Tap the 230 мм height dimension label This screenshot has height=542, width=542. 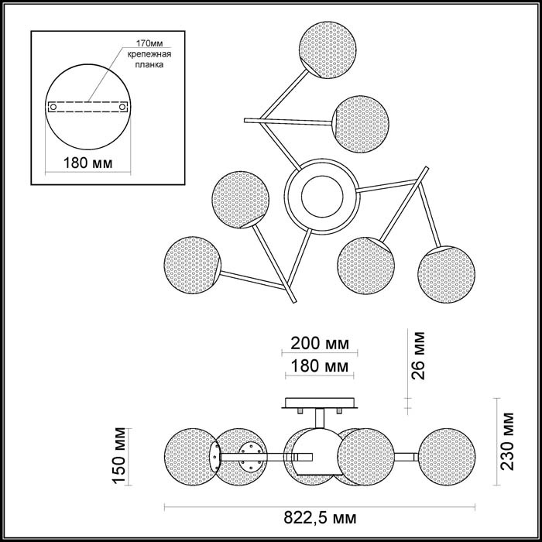coord(507,441)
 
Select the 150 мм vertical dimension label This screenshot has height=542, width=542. coord(119,456)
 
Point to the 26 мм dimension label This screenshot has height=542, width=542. coord(417,355)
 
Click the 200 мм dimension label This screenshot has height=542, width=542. coord(320,344)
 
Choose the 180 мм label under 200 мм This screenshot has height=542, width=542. coord(320,366)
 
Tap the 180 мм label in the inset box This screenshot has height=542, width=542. coord(87,163)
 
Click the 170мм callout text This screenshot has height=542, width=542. coord(149,43)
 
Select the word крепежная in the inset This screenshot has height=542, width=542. coord(149,54)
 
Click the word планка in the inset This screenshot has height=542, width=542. coord(149,65)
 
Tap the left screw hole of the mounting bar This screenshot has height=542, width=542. coord(53,107)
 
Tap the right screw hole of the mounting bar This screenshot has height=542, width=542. coord(122,107)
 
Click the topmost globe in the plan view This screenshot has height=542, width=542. coord(328,50)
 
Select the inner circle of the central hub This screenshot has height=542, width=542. coord(322,197)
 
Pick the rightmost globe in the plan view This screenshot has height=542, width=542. coord(446,275)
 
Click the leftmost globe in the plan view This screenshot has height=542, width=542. coord(193,266)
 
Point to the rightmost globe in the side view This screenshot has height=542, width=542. coord(447,457)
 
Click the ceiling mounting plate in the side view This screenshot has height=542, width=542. coord(319,403)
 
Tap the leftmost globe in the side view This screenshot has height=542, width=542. coord(193,457)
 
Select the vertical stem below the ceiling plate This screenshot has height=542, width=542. coord(320,419)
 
